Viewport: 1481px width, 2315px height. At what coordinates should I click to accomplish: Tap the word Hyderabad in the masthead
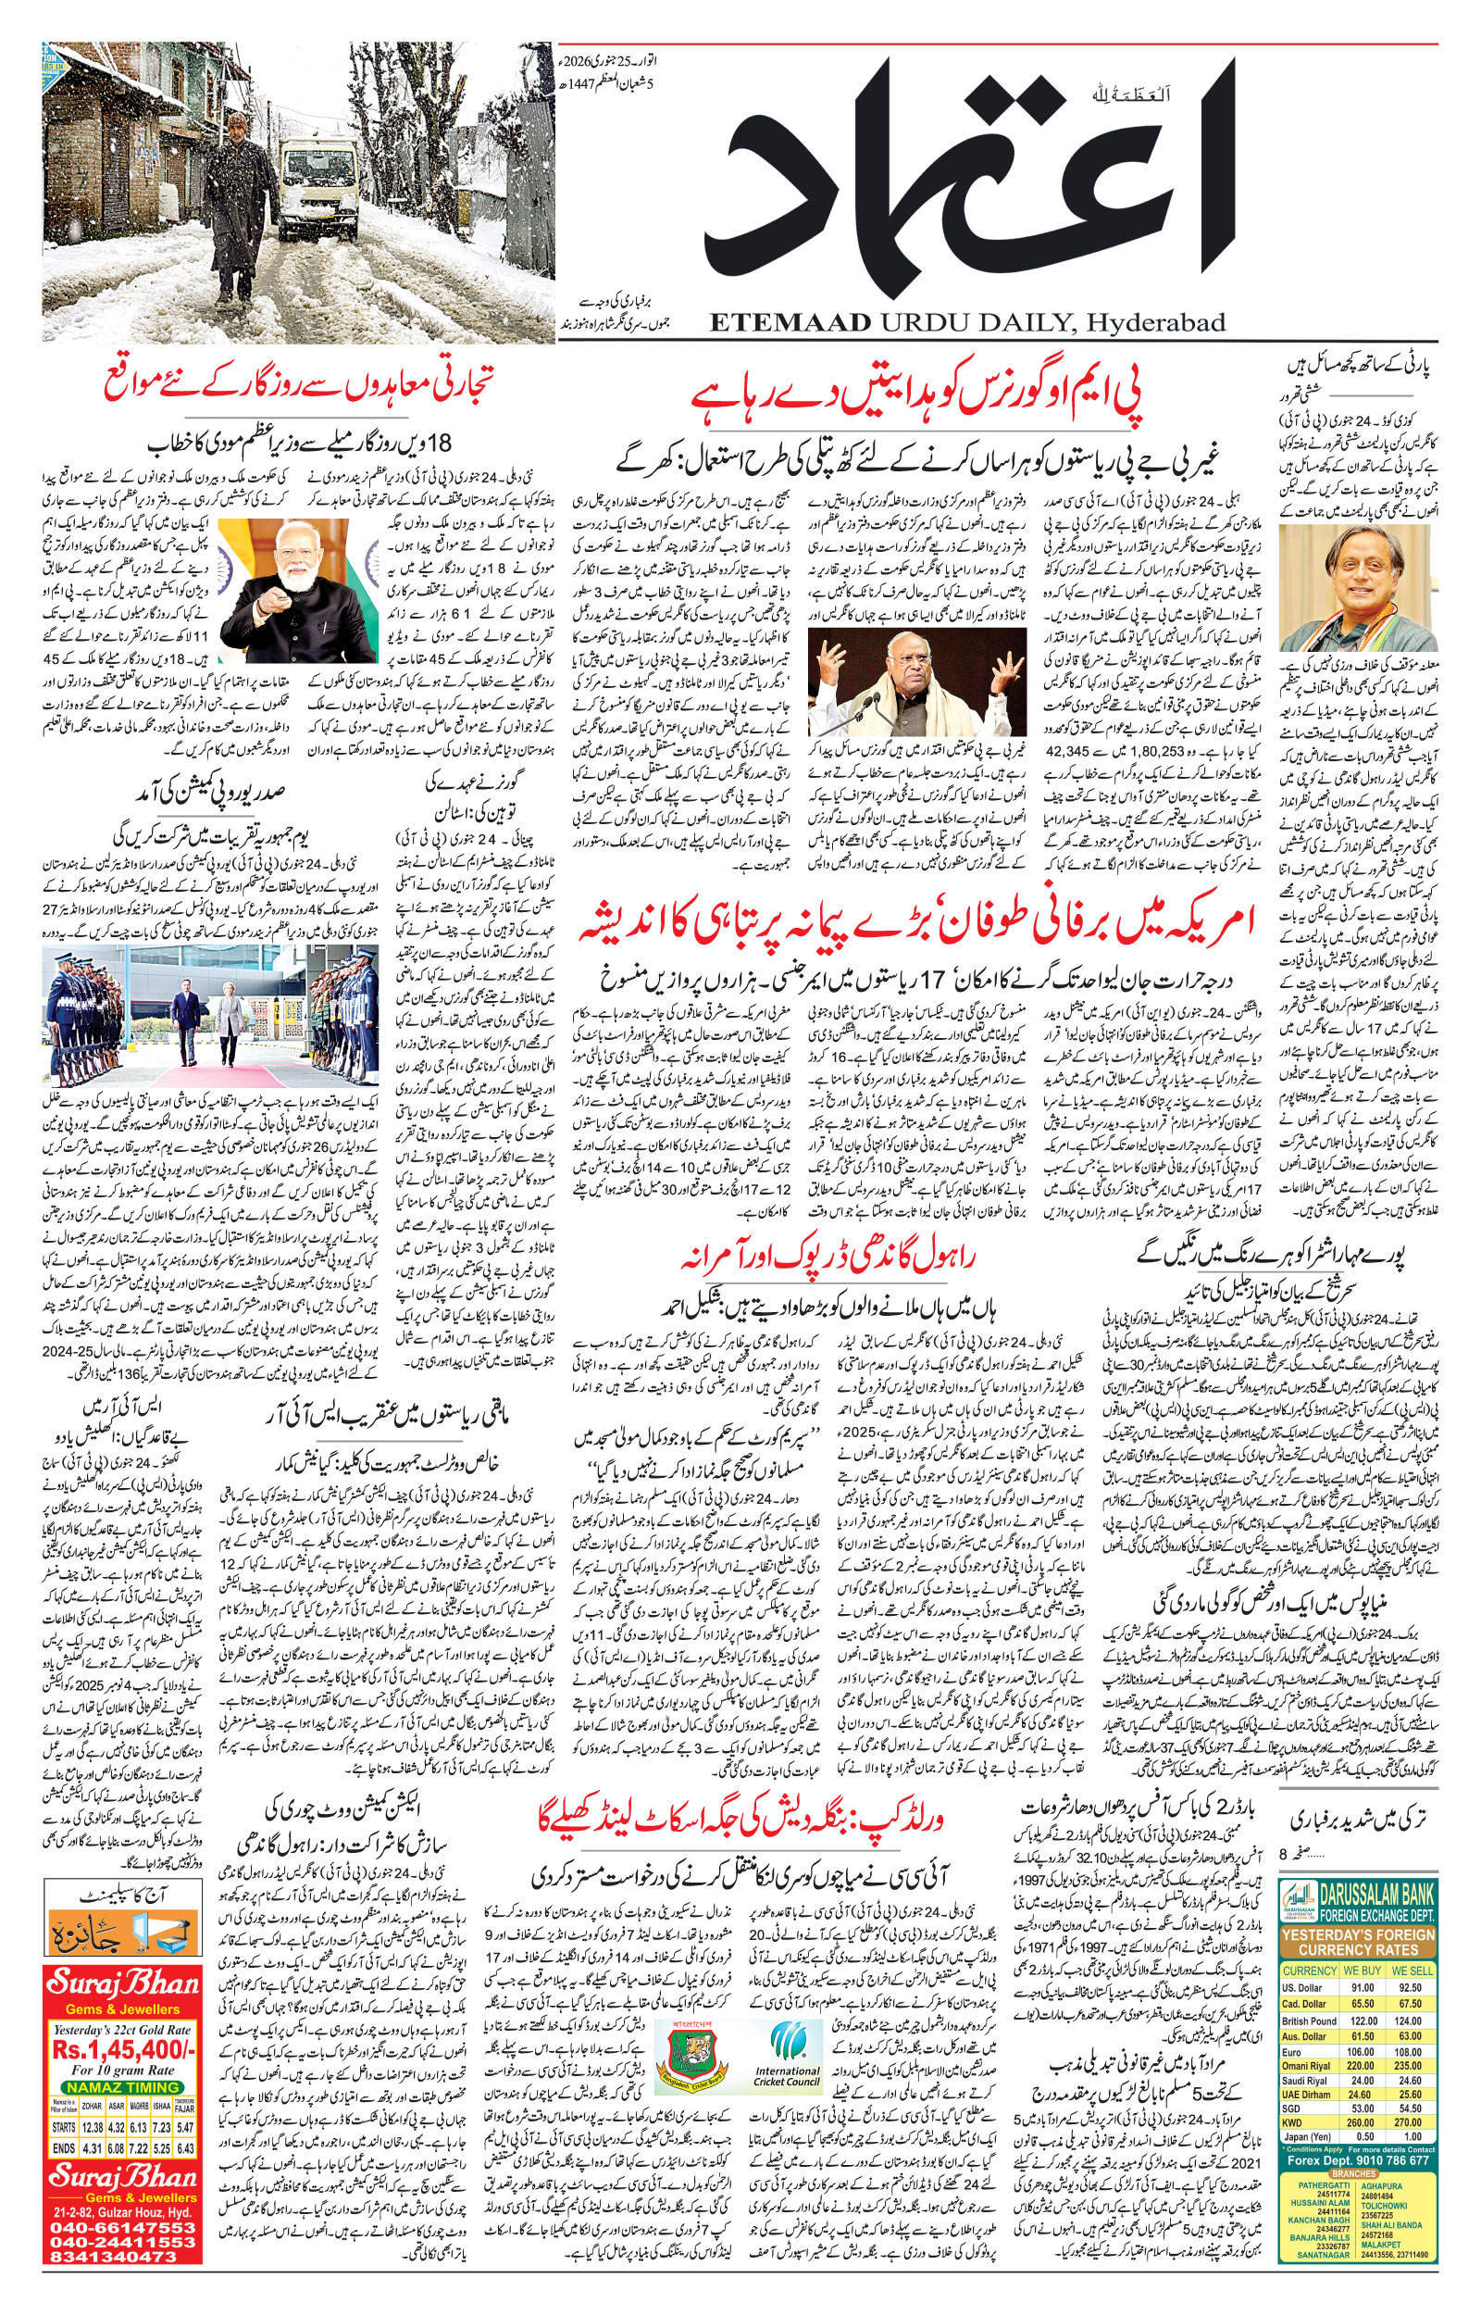click(1156, 322)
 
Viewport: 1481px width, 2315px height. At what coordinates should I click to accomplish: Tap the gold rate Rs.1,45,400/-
click(123, 2048)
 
